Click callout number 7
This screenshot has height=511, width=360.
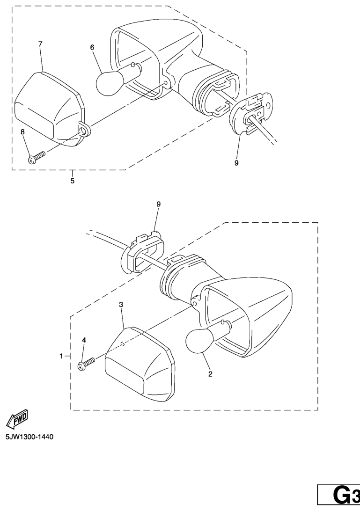pos(40,44)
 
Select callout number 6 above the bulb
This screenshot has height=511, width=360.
pos(92,48)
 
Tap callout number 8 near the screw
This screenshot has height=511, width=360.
pos(22,132)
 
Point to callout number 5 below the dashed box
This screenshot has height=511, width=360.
pos(73,181)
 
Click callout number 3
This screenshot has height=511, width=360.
pos(121,305)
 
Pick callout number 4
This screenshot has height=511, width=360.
pos(84,340)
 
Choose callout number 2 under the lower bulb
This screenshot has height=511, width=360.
pos(210,374)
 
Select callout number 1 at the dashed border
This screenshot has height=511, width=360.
pos(61,357)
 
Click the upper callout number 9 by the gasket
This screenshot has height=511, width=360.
pos(236,163)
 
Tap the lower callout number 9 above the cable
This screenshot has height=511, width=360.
pos(159,204)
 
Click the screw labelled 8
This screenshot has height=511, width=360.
pos(37,158)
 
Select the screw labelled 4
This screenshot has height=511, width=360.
pos(86,364)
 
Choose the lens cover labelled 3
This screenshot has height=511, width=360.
pos(140,365)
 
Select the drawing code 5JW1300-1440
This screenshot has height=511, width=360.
pos(29,437)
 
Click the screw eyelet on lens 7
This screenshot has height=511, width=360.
pos(85,131)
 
